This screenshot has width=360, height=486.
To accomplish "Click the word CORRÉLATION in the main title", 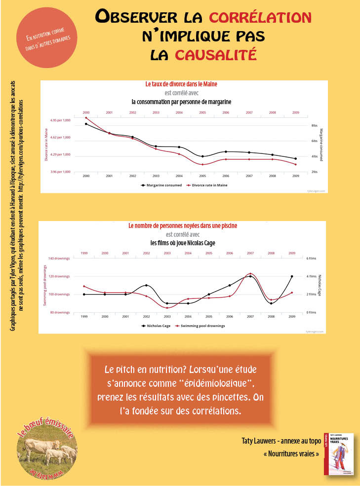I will (x=260, y=18).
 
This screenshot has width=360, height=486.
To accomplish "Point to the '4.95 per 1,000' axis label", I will (x=60, y=120).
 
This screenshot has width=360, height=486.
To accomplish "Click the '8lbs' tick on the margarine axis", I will (x=315, y=126).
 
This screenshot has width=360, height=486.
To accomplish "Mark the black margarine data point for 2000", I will (x=86, y=124).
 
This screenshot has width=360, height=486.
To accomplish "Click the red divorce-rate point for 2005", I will (x=202, y=164).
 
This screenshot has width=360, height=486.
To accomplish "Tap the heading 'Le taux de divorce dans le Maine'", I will (x=181, y=84).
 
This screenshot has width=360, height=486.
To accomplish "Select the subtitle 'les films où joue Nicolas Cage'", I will (x=183, y=243).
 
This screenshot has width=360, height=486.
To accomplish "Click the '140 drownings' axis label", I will (x=59, y=258).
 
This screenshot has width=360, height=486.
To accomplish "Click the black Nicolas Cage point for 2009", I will (x=292, y=276).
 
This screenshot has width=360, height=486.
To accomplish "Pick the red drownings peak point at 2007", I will (x=251, y=273).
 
